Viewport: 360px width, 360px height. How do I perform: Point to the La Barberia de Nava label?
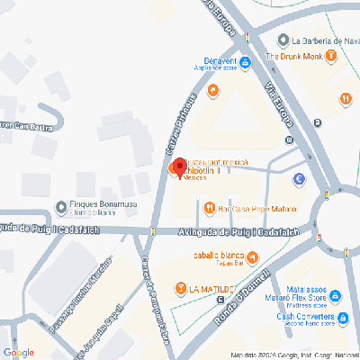pyautogui.click(x=324, y=40)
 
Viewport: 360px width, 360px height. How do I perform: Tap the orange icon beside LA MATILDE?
pyautogui.click(x=181, y=289)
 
